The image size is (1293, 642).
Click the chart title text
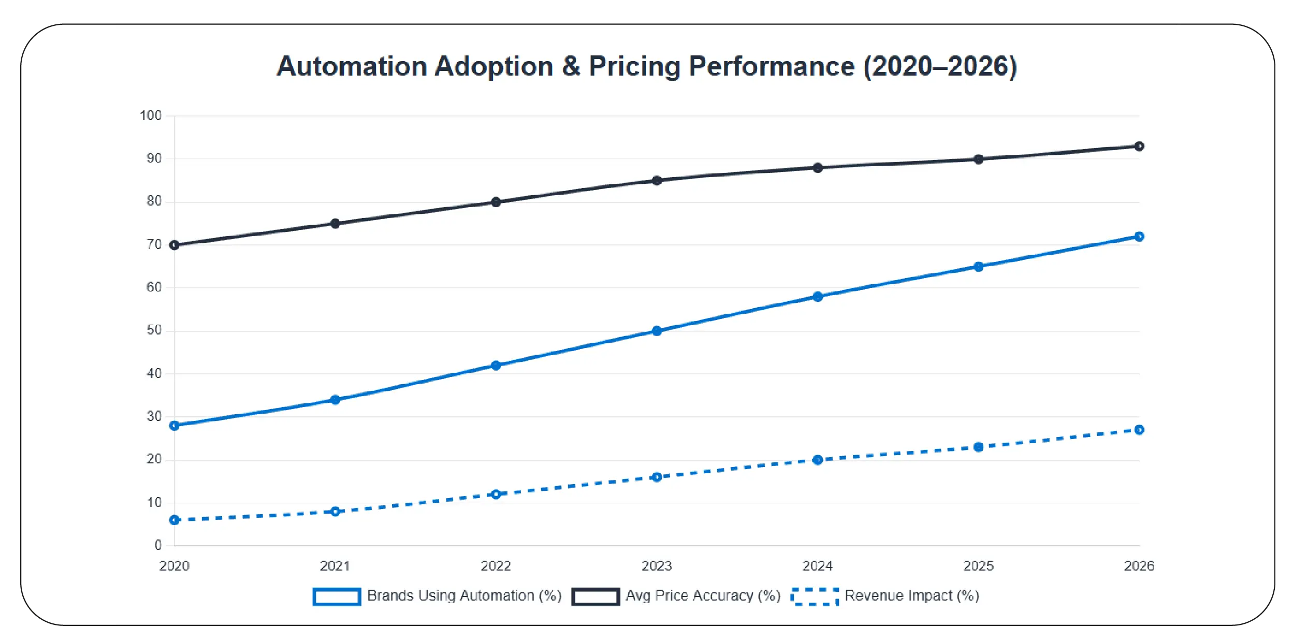[x=646, y=66]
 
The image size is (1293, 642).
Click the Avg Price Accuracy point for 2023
[x=657, y=181]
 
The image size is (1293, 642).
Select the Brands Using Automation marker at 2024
[x=818, y=297]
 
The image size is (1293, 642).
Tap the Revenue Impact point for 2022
[x=496, y=494]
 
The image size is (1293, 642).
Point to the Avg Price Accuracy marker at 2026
[x=1139, y=147]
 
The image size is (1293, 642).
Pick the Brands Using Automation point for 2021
[x=335, y=400]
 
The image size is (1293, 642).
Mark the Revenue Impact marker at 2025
[x=978, y=447]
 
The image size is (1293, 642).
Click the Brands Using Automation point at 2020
[x=175, y=426]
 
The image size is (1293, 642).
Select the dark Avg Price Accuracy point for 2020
[x=175, y=245]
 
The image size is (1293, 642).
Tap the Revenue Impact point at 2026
[x=1139, y=430]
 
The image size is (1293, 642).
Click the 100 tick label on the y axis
[x=151, y=115]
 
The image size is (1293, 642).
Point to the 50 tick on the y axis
[x=154, y=330]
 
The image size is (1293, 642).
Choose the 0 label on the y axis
[x=158, y=545]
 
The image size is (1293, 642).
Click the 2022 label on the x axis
[x=496, y=566]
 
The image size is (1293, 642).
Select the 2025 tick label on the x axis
[x=978, y=566]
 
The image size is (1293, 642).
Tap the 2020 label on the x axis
[x=175, y=566]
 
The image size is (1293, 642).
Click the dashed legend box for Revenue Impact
[x=815, y=596]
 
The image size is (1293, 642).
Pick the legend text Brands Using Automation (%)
[x=464, y=596]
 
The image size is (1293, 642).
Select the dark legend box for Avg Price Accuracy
[x=595, y=596]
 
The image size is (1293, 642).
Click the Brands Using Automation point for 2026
[x=1139, y=237]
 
